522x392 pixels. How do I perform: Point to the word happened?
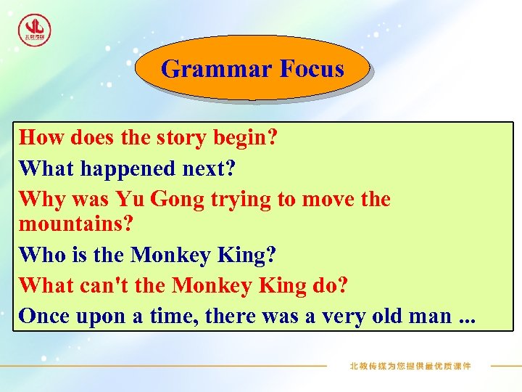[x=127, y=168]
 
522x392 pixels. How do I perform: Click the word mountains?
[x=76, y=224]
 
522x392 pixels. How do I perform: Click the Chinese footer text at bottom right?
[x=410, y=366]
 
